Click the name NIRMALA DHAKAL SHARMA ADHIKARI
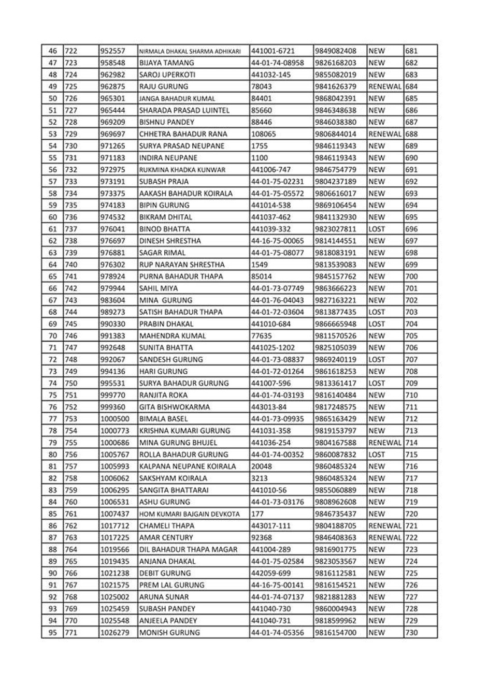coord(190,51)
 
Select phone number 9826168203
coord(335,63)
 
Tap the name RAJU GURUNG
coord(164,86)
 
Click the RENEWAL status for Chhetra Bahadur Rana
coord(385,134)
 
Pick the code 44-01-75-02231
coord(277,182)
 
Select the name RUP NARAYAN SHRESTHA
coord(182,265)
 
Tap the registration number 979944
coord(112,288)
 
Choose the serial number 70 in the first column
coord(52,335)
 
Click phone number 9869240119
coord(335,359)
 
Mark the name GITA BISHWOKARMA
coord(175,407)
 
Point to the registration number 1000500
coord(115,419)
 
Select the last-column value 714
coord(411,443)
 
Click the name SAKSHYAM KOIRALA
coord(173,478)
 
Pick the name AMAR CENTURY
coord(166,537)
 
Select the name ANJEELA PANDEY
coord(168,621)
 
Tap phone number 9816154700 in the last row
coord(335,633)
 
